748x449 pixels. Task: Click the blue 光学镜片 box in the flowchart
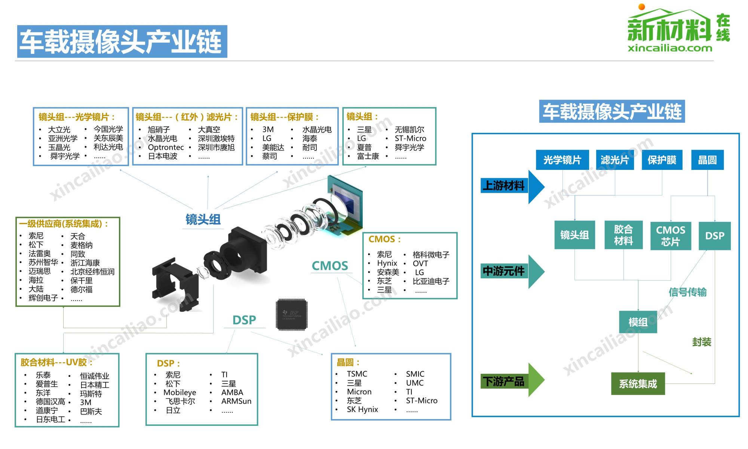tap(562, 160)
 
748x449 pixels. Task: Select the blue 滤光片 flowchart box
tap(614, 160)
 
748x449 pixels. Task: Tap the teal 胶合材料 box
tap(623, 235)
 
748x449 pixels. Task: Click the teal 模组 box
tap(638, 322)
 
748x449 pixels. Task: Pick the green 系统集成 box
tap(638, 384)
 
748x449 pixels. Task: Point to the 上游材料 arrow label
tap(503, 186)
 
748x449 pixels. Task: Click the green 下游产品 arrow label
tap(503, 382)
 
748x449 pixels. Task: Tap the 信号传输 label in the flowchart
tap(687, 292)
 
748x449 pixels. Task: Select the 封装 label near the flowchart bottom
tap(701, 342)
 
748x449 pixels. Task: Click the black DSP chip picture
tap(292, 314)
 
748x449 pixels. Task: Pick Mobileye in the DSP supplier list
tap(180, 393)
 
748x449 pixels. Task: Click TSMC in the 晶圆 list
tap(357, 374)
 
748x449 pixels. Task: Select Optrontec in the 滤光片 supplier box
tap(166, 147)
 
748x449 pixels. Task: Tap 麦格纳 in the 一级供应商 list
tap(81, 245)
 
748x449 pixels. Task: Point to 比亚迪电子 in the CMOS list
tap(431, 281)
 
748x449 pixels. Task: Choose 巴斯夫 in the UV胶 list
tap(91, 412)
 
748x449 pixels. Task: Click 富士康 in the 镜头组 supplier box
tap(368, 156)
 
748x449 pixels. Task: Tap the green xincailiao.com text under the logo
tap(670, 48)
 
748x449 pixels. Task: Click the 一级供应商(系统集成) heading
tap(64, 224)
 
